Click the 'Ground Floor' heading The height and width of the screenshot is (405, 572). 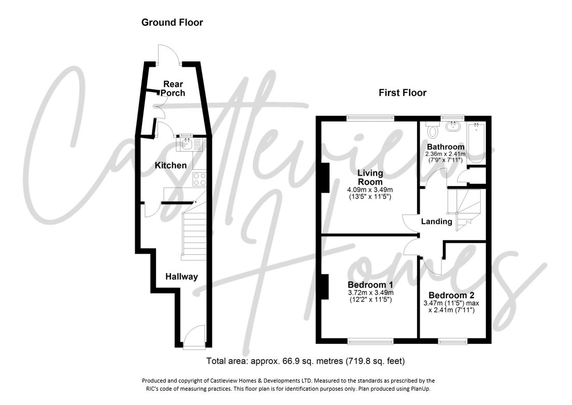pos(172,22)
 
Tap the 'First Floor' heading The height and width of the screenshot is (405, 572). pos(403,93)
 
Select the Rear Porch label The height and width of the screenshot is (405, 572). pos(173,89)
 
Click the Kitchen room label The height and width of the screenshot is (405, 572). pos(171,165)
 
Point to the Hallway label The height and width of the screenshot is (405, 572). pos(181,277)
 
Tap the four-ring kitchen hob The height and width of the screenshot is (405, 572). pos(199,179)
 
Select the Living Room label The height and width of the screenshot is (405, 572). pos(369,177)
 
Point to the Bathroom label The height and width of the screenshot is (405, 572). pos(446,147)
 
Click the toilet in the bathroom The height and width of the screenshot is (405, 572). pos(431,130)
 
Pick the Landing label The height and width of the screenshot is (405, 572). pos(436,222)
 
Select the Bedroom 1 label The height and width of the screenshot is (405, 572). pos(370,285)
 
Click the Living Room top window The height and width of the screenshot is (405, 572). pos(370,118)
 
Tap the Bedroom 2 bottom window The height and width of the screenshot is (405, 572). pos(453,341)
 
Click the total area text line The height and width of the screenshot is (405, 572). pos(306,361)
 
